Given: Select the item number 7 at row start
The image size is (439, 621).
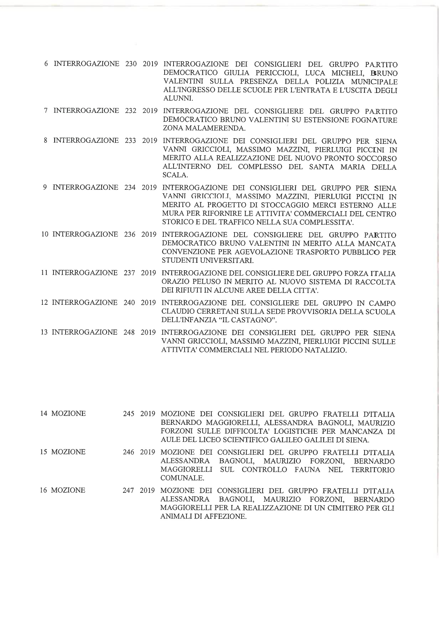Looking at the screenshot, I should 46,110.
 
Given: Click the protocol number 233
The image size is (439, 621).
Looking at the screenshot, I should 130,140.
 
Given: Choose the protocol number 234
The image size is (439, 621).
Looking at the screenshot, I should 130,187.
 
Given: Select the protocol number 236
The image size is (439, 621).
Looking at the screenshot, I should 130,234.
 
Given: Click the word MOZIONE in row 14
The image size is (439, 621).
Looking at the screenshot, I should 68,413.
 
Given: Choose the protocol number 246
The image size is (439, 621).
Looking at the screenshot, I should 128,452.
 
